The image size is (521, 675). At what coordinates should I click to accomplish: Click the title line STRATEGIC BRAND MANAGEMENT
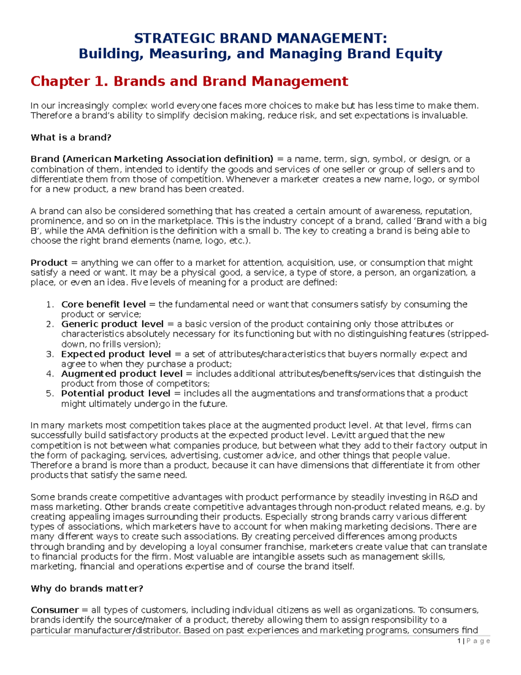point(260,38)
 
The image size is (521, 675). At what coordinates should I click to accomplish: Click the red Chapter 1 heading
point(189,81)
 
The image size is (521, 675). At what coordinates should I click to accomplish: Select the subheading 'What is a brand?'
point(71,137)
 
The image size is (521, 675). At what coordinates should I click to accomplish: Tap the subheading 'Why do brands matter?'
point(87,589)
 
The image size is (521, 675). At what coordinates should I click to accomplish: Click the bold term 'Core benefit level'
point(103,304)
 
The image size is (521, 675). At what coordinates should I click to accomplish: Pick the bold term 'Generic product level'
point(112,324)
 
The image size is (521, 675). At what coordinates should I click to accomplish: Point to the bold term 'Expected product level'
point(115,354)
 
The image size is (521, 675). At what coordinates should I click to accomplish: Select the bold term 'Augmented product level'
point(122,374)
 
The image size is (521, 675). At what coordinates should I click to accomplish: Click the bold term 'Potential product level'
point(115,393)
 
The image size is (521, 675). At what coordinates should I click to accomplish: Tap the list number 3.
point(49,354)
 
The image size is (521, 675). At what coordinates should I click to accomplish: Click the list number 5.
point(49,393)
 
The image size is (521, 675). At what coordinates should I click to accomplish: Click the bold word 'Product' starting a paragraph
point(49,263)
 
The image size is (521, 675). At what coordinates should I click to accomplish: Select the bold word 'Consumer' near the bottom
point(55,610)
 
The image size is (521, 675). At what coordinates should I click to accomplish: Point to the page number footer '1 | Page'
point(474,641)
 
